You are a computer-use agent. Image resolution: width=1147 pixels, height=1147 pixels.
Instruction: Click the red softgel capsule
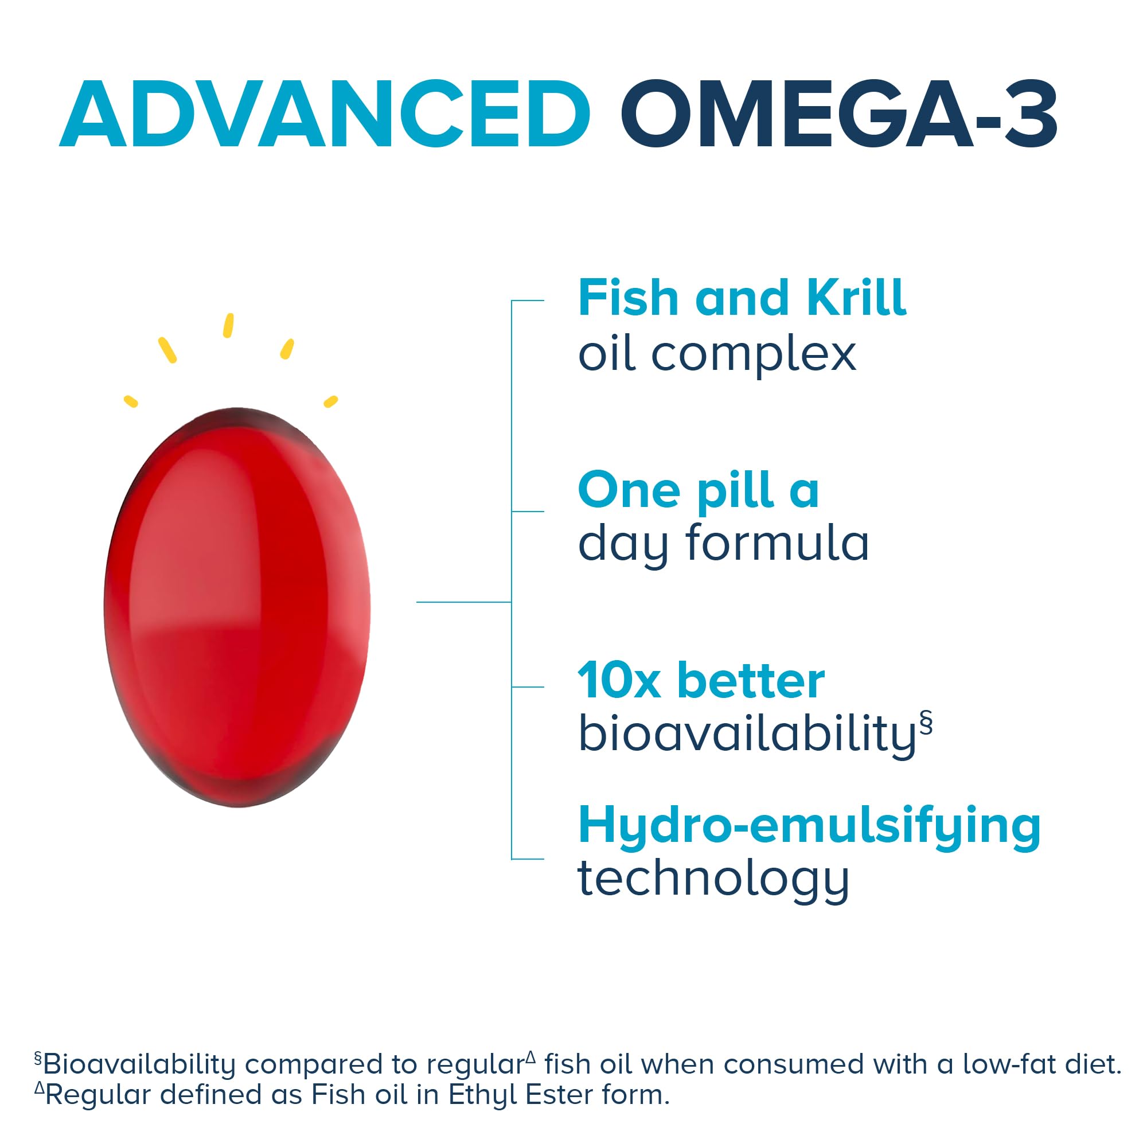click(x=237, y=607)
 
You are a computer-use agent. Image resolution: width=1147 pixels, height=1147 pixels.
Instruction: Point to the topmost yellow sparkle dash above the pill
click(x=228, y=325)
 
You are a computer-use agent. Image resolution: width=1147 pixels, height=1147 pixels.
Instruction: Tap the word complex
click(x=754, y=354)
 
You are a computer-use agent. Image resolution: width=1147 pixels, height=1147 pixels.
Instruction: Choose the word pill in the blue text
click(x=736, y=490)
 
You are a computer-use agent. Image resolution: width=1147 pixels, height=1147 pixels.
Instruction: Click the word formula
click(x=777, y=543)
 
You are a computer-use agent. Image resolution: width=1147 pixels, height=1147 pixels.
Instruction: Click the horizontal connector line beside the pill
click(x=463, y=602)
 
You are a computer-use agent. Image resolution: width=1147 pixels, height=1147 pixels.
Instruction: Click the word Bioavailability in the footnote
click(x=139, y=1064)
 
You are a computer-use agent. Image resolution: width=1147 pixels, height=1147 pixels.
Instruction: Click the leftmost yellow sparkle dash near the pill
click(x=131, y=401)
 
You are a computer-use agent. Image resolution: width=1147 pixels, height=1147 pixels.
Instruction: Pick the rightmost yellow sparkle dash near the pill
click(x=331, y=401)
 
